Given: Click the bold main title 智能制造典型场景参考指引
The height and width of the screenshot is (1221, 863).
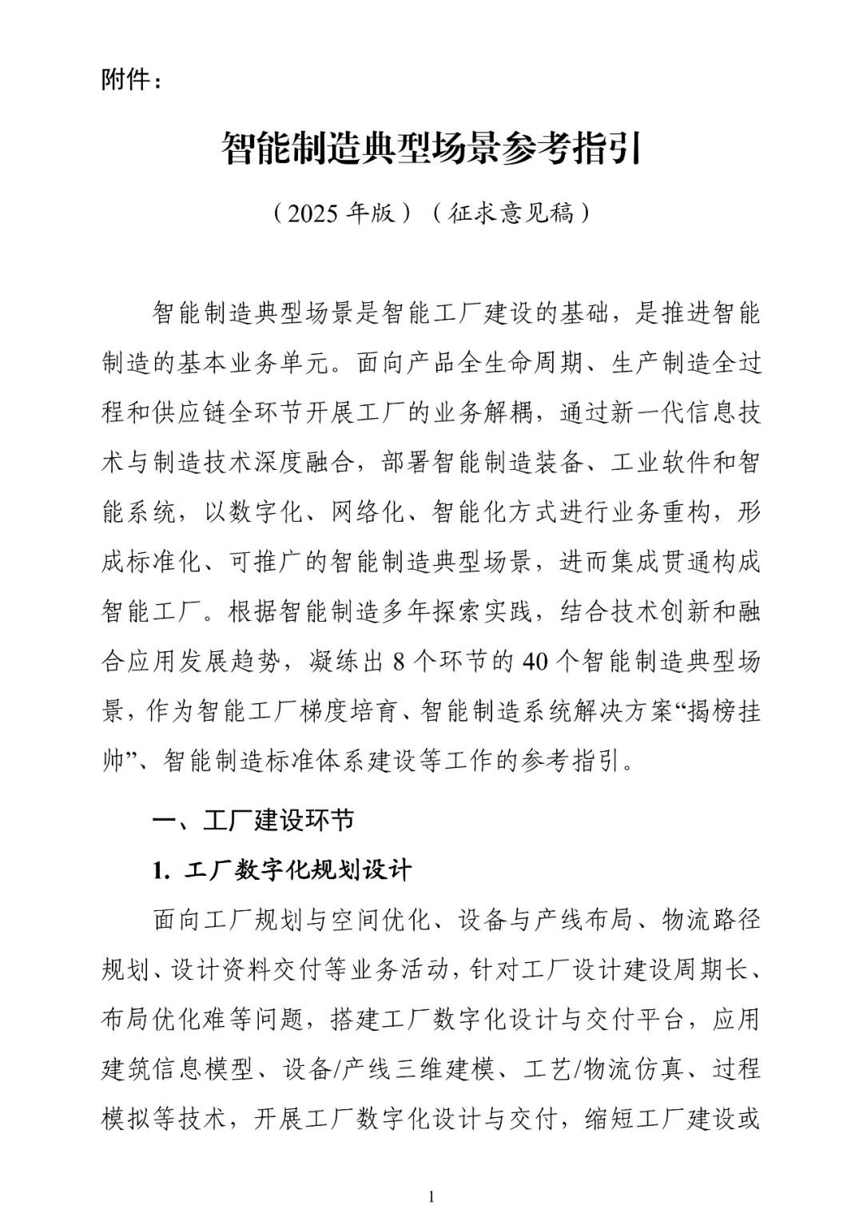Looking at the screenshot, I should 431,148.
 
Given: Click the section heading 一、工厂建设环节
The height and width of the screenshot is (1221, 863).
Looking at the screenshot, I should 253,821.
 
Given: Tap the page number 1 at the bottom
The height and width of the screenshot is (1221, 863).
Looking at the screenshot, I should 431,1196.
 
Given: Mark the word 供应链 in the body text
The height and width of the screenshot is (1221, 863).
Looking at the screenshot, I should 225,414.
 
